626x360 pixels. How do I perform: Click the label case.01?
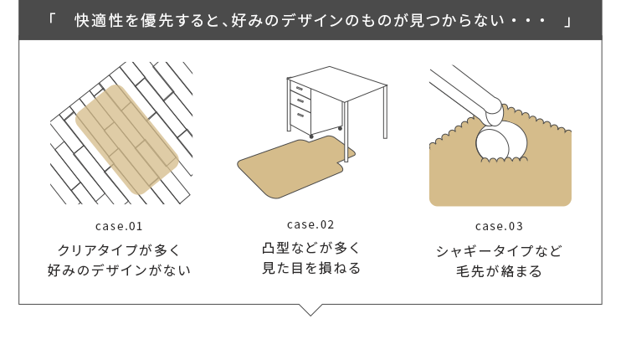(119, 226)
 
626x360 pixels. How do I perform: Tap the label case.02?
(310, 224)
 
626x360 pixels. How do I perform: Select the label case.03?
(499, 226)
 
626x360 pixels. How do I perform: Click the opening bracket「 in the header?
(51, 18)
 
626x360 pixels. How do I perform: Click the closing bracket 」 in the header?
(567, 22)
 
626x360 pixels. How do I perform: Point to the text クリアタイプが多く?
(119, 250)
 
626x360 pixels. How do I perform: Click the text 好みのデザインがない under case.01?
(119, 270)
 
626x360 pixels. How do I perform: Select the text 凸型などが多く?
(311, 248)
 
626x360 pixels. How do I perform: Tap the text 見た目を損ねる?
(311, 268)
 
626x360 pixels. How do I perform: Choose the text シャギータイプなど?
(499, 251)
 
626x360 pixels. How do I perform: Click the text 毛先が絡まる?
(499, 271)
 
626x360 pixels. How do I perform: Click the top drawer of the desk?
(300, 89)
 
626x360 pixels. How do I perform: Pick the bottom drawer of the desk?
(300, 116)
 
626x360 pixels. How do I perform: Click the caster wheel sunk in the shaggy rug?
(501, 144)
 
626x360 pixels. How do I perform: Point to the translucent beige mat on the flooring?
(127, 140)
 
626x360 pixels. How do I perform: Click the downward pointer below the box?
(310, 310)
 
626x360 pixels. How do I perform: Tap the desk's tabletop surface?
(337, 83)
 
